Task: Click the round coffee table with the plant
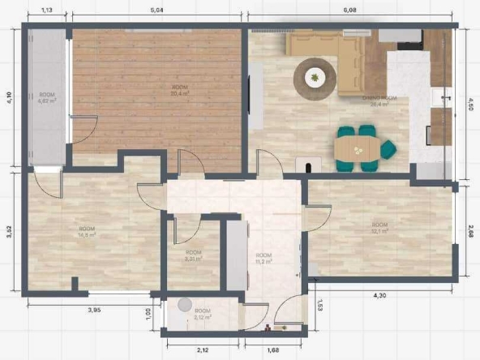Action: [x=314, y=77]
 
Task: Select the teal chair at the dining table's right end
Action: [x=388, y=148]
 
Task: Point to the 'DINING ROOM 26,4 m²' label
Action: [x=379, y=100]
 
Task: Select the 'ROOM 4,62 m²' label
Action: [x=47, y=99]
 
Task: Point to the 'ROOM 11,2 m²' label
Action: [x=263, y=259]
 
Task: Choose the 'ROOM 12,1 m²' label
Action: [x=379, y=228]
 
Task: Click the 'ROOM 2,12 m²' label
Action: [x=202, y=314]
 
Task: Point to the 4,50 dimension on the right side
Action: [x=470, y=103]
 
